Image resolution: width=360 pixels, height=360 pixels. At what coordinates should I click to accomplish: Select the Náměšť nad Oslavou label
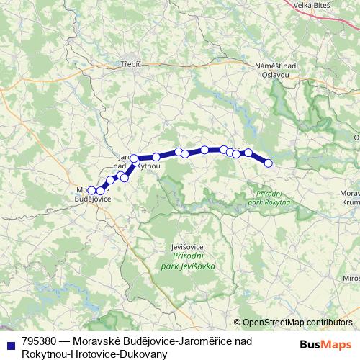[276, 70]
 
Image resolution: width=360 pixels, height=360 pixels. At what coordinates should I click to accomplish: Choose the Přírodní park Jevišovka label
[194, 261]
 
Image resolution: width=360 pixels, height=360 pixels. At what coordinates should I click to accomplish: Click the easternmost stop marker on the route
[269, 163]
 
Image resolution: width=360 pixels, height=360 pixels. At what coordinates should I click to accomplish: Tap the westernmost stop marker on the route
[91, 190]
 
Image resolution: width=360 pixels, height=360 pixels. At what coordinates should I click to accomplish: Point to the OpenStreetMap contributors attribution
[297, 323]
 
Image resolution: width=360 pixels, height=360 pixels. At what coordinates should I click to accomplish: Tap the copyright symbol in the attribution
[238, 323]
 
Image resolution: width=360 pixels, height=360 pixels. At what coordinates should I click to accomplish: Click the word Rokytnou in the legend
[44, 354]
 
